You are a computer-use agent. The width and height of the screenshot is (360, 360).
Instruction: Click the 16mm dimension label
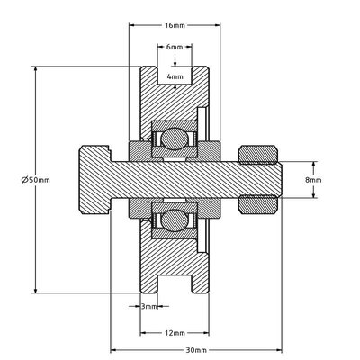tap(175, 25)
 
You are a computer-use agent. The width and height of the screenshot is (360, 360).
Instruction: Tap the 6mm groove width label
tap(175, 47)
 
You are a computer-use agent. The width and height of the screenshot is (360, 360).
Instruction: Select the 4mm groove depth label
tap(175, 76)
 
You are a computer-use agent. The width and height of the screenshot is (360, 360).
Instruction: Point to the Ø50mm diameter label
tap(36, 180)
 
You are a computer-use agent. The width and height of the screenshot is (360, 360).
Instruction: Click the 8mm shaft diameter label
tap(313, 180)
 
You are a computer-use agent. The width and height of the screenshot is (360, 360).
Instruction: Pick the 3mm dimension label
tap(149, 306)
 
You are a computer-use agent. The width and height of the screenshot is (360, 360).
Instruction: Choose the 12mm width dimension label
tap(175, 333)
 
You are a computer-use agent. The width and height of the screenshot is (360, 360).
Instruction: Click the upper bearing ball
tap(175, 139)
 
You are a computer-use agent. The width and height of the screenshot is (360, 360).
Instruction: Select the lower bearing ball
tap(175, 220)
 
